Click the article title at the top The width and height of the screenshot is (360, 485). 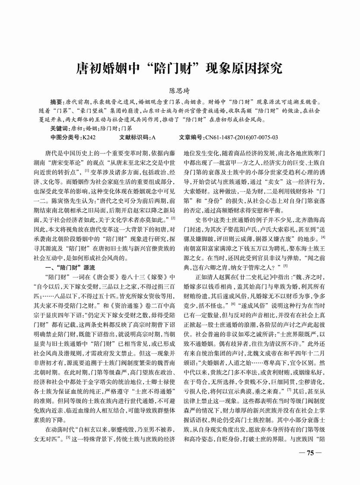179,69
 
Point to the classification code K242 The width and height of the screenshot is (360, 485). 90,137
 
